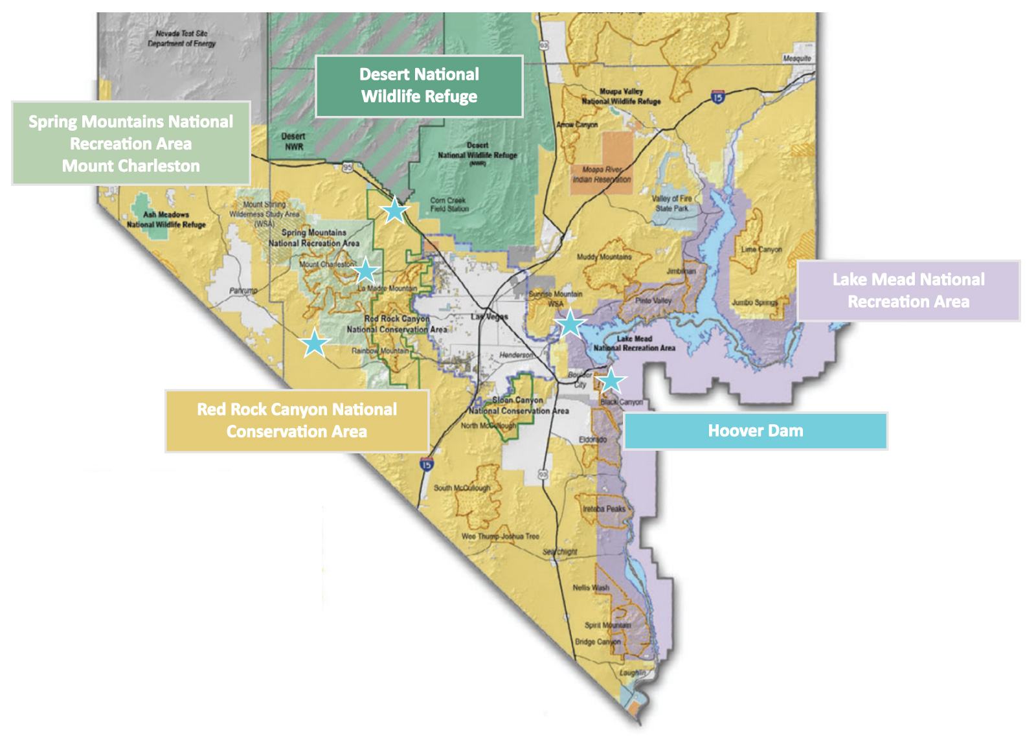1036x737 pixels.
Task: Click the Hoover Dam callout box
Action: coord(755,431)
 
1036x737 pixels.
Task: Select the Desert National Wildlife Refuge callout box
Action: coord(419,86)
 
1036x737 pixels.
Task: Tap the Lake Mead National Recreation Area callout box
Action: coord(908,291)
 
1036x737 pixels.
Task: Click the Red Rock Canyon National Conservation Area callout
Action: coord(297,420)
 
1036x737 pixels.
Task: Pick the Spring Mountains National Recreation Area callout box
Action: coord(131,143)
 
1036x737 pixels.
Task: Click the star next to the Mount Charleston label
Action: coord(366,270)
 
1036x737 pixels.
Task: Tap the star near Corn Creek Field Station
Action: coord(394,210)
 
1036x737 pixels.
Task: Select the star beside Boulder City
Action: coord(611,381)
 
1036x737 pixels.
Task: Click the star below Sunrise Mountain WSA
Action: coord(570,323)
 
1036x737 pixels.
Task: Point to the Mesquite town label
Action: coord(796,58)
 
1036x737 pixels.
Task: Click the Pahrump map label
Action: coord(243,291)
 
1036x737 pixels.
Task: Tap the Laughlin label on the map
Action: coord(632,673)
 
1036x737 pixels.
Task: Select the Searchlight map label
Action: coord(560,552)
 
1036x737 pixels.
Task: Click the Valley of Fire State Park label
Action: coord(671,203)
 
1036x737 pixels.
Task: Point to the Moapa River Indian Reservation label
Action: coord(602,174)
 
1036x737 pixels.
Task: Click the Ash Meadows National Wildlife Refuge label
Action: coord(166,220)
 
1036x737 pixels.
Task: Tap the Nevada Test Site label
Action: coord(181,38)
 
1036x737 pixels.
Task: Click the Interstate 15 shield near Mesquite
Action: coord(717,97)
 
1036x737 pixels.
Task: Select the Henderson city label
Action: coord(516,355)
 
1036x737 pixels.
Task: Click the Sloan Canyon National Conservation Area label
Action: coord(519,405)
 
